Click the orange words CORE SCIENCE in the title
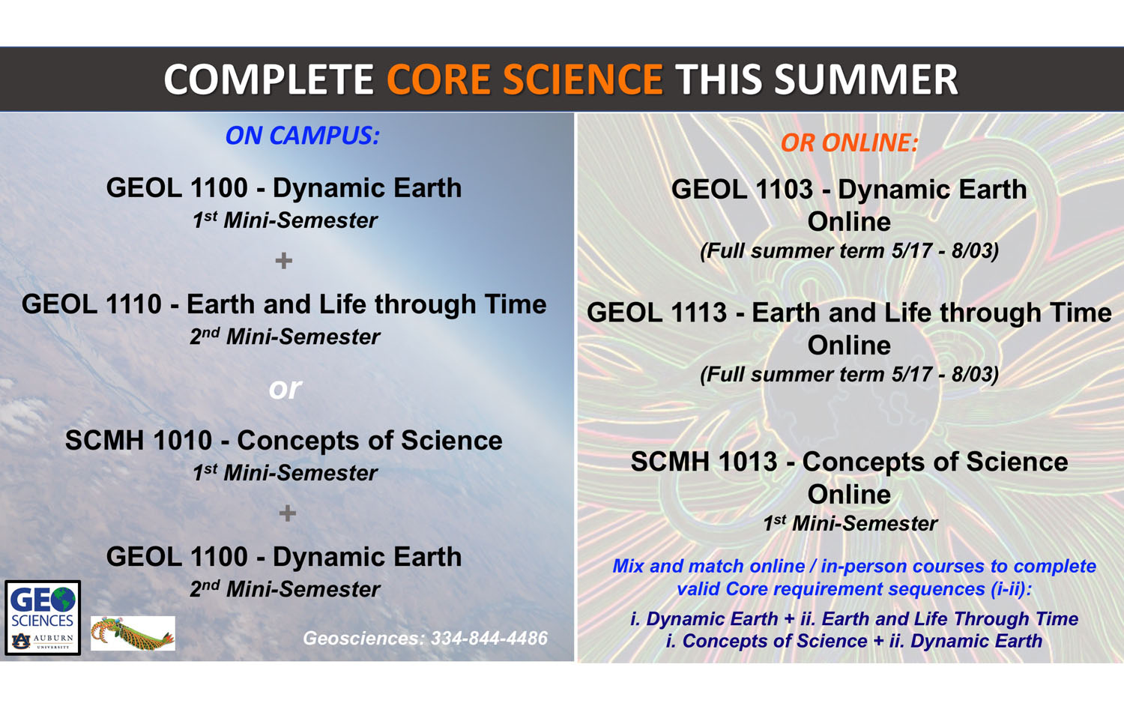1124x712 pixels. click(x=525, y=79)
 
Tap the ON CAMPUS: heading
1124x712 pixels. click(x=302, y=136)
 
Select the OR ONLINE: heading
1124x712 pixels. click(x=849, y=142)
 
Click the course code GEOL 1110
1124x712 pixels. click(x=91, y=304)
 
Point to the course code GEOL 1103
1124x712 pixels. click(x=742, y=190)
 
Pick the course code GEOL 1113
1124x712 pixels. click(x=656, y=313)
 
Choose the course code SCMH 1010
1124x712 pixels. click(x=139, y=441)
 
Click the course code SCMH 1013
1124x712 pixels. click(x=704, y=462)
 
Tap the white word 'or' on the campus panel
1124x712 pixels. click(x=285, y=388)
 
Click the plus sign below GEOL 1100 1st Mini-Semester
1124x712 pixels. click(x=284, y=261)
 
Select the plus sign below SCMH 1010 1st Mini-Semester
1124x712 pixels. click(x=288, y=513)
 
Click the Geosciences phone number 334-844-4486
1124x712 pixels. click(x=489, y=639)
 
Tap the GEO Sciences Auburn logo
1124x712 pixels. click(x=43, y=618)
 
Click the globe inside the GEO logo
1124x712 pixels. click(x=64, y=600)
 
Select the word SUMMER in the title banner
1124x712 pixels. click(x=866, y=79)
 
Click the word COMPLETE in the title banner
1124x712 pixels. click(x=269, y=79)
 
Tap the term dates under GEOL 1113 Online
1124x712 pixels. click(x=849, y=374)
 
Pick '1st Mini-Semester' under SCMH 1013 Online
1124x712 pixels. click(x=850, y=523)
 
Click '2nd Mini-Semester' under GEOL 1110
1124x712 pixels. click(x=285, y=337)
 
